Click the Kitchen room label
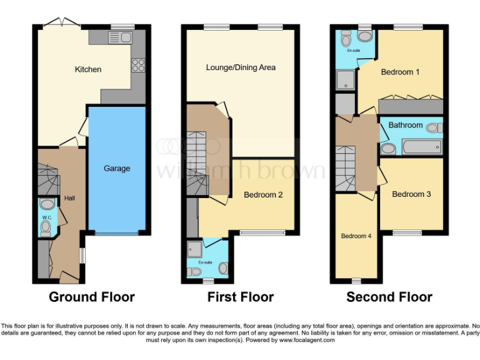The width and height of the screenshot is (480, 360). coord(88,69)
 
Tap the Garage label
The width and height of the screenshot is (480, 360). coord(117,168)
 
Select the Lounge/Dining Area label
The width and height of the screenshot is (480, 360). coord(241,67)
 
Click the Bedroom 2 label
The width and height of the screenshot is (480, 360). coord(263,195)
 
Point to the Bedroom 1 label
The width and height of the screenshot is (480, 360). coord(400,72)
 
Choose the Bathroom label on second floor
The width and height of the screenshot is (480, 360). coord(405,125)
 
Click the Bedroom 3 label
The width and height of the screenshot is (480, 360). coord(411,194)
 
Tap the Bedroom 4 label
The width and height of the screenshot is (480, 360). coord(356,236)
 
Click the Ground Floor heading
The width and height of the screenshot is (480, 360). coord(91,297)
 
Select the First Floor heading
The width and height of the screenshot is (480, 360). coord(241,297)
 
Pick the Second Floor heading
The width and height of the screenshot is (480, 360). coord(389,297)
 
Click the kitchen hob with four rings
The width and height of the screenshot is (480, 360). coord(138,64)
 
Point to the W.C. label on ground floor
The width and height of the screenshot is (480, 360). coord(46,217)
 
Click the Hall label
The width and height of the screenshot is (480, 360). coord(68,198)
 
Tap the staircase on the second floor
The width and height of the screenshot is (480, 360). coord(346,167)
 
